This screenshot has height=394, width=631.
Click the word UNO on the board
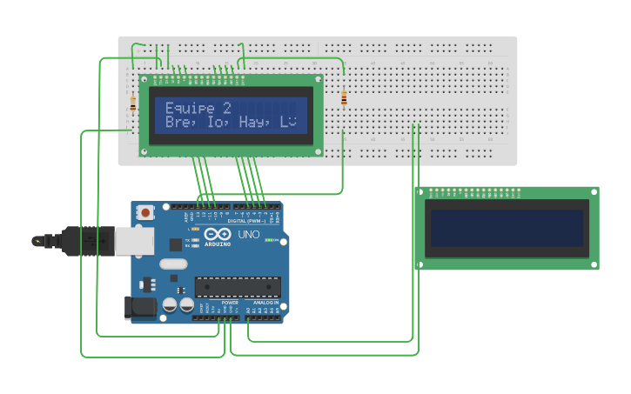click(x=249, y=235)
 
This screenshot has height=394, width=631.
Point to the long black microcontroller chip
click(x=238, y=285)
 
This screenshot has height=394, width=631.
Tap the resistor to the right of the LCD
click(x=344, y=98)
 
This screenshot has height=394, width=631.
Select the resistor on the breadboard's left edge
click(x=132, y=104)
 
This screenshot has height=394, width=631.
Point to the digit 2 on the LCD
click(x=227, y=108)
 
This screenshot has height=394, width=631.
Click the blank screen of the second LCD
click(x=505, y=228)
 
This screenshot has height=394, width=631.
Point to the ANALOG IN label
click(x=265, y=304)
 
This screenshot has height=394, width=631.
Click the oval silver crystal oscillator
click(x=172, y=264)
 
